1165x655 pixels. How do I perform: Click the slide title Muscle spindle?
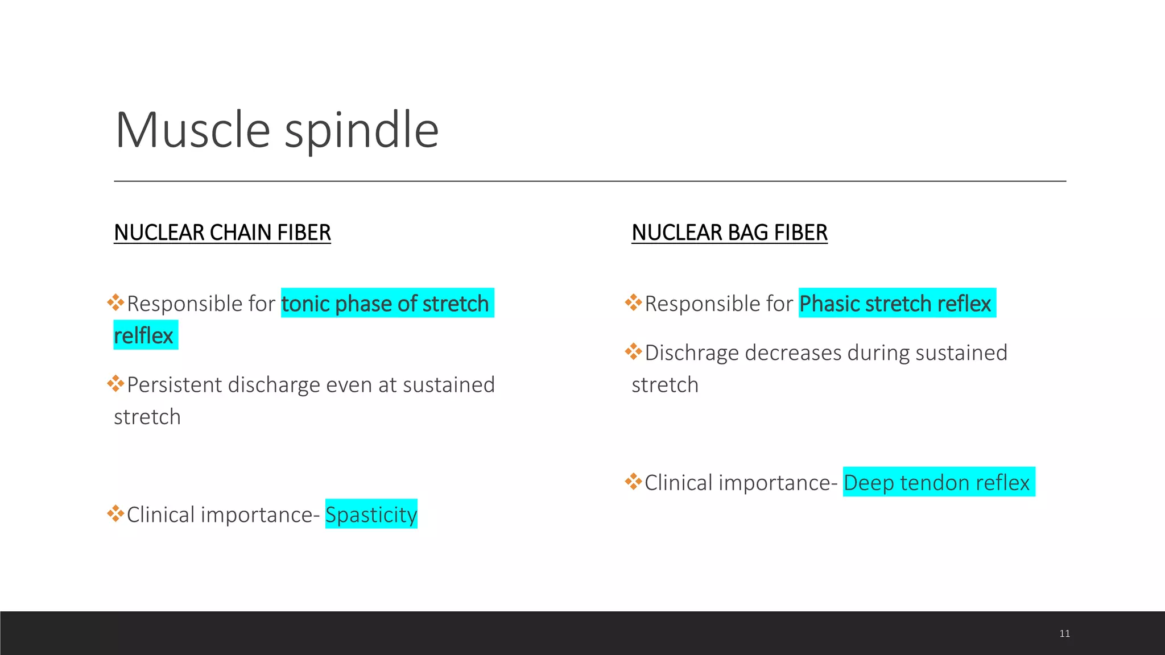click(276, 130)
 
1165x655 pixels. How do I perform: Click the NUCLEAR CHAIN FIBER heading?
click(222, 233)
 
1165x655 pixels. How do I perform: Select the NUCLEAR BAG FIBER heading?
click(729, 233)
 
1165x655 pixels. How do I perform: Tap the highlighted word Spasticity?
click(371, 515)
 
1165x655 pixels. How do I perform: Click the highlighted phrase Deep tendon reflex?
click(936, 483)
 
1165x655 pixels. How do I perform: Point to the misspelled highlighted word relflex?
click(143, 335)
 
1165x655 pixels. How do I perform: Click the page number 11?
click(1064, 633)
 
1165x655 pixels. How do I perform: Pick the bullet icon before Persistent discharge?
click(115, 383)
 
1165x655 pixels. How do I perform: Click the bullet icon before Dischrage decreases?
click(633, 351)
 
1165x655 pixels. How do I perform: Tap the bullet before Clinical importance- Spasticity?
click(115, 513)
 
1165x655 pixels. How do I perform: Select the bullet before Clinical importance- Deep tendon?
click(633, 482)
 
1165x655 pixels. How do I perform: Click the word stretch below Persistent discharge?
click(147, 417)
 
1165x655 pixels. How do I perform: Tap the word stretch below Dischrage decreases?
click(665, 385)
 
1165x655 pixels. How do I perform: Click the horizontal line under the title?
click(589, 181)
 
